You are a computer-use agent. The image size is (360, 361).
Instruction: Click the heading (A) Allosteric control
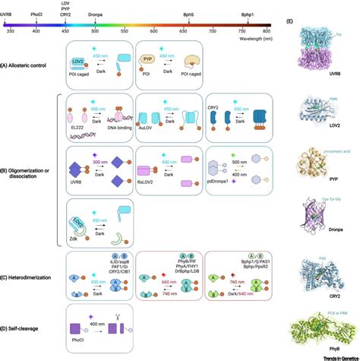pyautogui.click(x=25, y=68)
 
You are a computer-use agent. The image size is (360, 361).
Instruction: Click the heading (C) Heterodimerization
pyautogui.click(x=28, y=282)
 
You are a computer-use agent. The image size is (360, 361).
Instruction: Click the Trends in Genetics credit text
pyautogui.click(x=332, y=356)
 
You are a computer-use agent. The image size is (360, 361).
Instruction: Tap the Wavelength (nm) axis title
pyautogui.click(x=251, y=37)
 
